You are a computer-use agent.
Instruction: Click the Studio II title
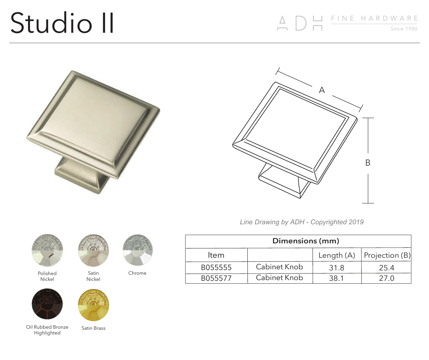[62, 23]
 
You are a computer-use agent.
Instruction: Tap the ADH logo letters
[299, 23]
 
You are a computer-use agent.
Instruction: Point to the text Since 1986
[404, 29]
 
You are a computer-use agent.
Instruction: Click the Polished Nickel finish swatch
[47, 248]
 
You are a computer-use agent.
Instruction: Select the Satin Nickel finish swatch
[93, 248]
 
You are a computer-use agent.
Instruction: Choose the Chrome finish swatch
[137, 248]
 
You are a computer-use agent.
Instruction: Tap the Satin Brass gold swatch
[93, 305]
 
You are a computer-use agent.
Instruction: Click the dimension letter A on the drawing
[322, 90]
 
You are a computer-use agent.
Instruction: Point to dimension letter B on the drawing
[368, 163]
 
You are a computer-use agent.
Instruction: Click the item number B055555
[216, 267]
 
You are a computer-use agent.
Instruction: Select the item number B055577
[216, 278]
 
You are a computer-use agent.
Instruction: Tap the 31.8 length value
[337, 267]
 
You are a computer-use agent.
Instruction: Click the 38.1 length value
[337, 278]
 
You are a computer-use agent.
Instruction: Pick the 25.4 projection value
[387, 267]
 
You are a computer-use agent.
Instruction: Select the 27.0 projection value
[387, 278]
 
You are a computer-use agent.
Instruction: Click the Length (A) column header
[337, 255]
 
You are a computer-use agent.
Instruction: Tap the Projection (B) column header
[387, 255]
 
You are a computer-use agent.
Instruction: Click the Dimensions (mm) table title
[306, 241]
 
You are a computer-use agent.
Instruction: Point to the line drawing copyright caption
[301, 222]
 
